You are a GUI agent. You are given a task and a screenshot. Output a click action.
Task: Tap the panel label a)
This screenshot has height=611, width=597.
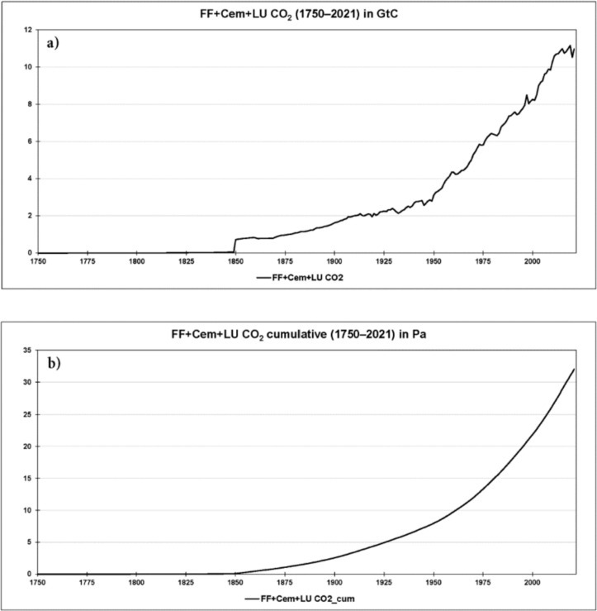pyautogui.click(x=57, y=41)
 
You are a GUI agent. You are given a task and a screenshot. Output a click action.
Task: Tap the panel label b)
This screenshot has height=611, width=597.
pyautogui.click(x=57, y=363)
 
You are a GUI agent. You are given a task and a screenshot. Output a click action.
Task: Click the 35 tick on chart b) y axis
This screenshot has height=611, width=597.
pyautogui.click(x=26, y=351)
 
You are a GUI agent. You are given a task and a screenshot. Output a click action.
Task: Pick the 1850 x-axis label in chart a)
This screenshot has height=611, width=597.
pyautogui.click(x=235, y=261)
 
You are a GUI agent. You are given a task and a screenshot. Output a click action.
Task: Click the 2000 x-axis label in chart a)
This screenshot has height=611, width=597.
pyautogui.click(x=533, y=261)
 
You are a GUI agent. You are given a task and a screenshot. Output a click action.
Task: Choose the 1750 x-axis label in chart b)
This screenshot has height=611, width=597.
pyautogui.click(x=37, y=582)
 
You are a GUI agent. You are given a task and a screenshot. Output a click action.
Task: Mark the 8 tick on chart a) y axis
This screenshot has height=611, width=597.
pyautogui.click(x=29, y=104)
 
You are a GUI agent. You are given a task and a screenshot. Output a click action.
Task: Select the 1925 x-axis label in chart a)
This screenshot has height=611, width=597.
pyautogui.click(x=384, y=261)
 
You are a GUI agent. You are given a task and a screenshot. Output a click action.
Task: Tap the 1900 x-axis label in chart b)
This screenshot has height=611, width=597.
pyautogui.click(x=334, y=582)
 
